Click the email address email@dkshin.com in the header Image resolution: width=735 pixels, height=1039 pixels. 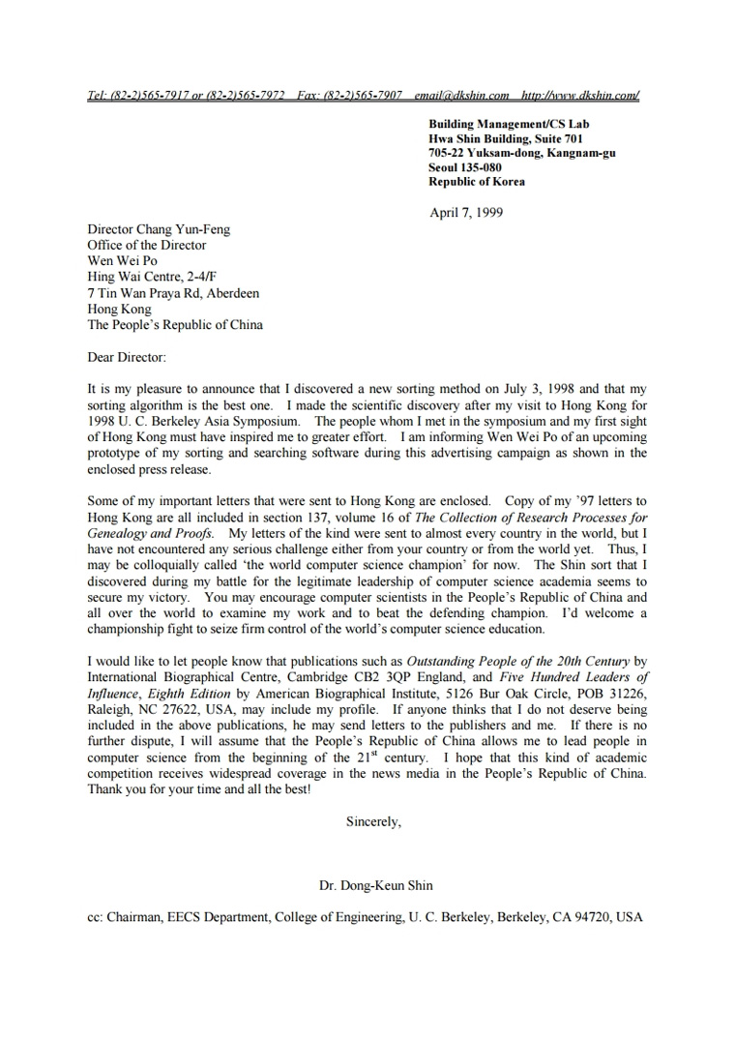(x=461, y=95)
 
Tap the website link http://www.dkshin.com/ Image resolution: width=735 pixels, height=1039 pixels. (x=580, y=95)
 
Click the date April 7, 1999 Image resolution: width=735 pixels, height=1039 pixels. (x=466, y=213)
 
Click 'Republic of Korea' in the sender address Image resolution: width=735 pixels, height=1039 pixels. (x=477, y=181)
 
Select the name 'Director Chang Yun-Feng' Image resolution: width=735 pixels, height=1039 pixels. (x=159, y=229)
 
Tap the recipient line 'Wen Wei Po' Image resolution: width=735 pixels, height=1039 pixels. (x=122, y=261)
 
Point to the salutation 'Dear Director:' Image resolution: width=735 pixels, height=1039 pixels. (x=127, y=357)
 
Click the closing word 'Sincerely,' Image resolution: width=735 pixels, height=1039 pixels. (x=373, y=821)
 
